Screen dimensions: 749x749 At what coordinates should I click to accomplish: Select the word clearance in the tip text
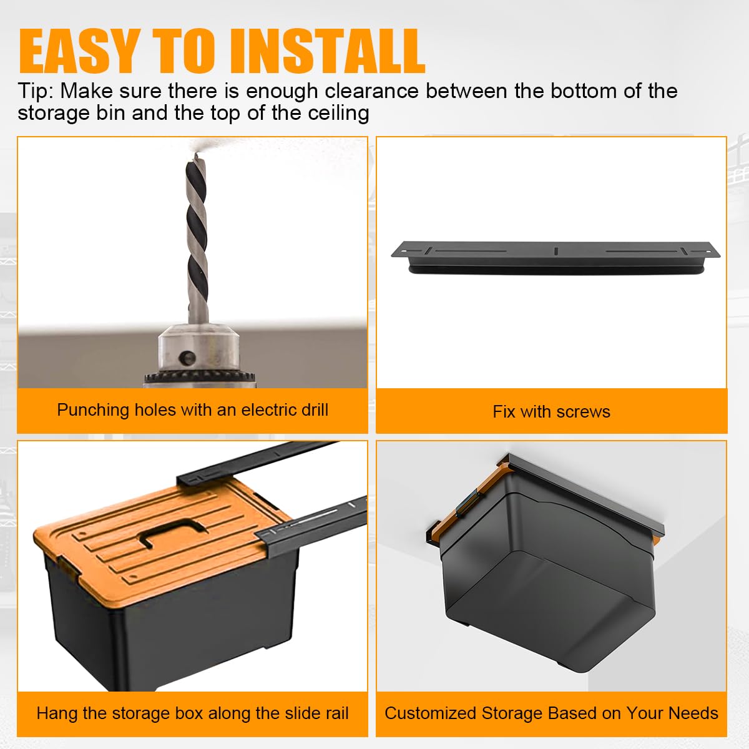coord(371,91)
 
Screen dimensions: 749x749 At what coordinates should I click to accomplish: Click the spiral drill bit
coord(197,238)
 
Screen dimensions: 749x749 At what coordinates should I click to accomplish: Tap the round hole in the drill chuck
coord(188,357)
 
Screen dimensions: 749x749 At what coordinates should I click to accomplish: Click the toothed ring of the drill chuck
coord(200,378)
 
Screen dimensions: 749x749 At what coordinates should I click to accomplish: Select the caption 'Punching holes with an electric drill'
coord(193,410)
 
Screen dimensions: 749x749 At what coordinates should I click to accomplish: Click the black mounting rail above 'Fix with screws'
coord(555,258)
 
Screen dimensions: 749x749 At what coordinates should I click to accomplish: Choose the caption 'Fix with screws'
coord(552,411)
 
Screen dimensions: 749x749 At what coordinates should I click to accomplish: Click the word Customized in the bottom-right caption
coord(431,713)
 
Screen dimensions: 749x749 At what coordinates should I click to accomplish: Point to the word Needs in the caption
coord(693,713)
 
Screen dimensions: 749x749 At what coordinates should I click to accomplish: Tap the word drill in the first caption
coord(315,409)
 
